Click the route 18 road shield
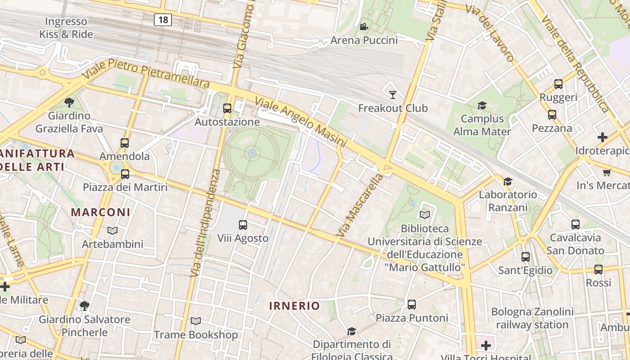tap(162, 19)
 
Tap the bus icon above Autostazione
tap(227, 108)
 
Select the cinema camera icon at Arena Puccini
tap(364, 27)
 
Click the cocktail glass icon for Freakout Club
tap(393, 94)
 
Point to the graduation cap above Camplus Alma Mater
tap(482, 105)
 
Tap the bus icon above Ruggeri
tap(558, 84)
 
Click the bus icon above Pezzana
tap(552, 115)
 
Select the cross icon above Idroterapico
tap(602, 137)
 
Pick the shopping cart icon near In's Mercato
tap(607, 172)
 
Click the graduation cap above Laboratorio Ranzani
tap(508, 181)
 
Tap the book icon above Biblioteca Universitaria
tap(424, 215)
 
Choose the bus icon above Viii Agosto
tap(243, 225)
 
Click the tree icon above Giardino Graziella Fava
tap(69, 103)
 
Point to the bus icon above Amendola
tap(125, 143)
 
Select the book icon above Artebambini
tap(112, 231)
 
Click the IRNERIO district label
tap(294, 306)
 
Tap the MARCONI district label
tap(101, 212)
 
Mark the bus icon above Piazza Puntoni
tap(411, 305)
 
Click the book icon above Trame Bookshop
tap(195, 321)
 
